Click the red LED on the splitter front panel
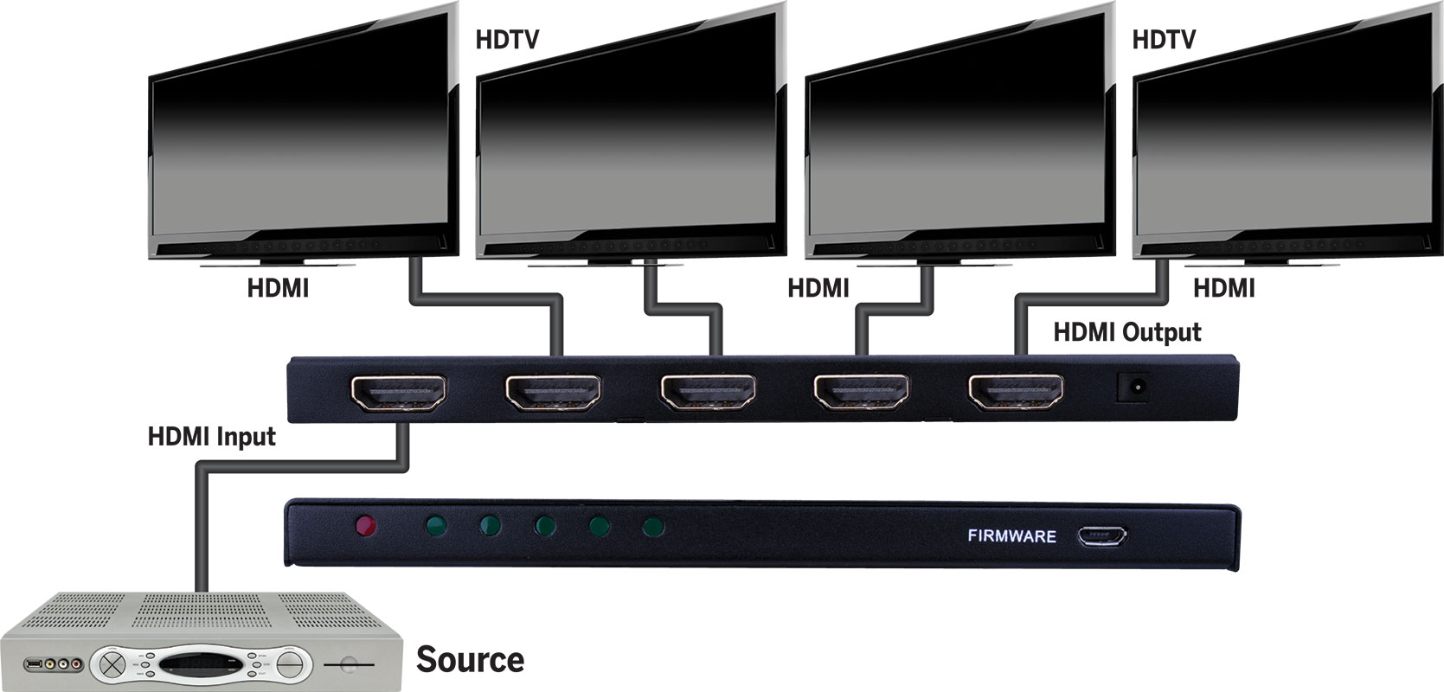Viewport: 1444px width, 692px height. (365, 524)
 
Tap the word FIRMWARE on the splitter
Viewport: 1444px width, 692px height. (1011, 536)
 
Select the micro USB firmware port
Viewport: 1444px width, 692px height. (1102, 536)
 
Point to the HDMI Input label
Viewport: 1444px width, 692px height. (211, 437)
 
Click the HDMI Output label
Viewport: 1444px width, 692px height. (1126, 332)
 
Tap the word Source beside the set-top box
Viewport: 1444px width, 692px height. (470, 659)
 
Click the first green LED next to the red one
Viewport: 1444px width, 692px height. (435, 524)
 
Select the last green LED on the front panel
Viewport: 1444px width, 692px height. (653, 524)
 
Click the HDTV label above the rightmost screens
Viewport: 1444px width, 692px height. (1164, 40)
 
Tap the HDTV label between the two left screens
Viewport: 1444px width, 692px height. (507, 40)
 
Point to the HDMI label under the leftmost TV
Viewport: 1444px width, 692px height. (278, 288)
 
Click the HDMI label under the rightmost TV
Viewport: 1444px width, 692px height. (1223, 288)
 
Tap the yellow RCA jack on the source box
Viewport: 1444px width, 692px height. (55, 663)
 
